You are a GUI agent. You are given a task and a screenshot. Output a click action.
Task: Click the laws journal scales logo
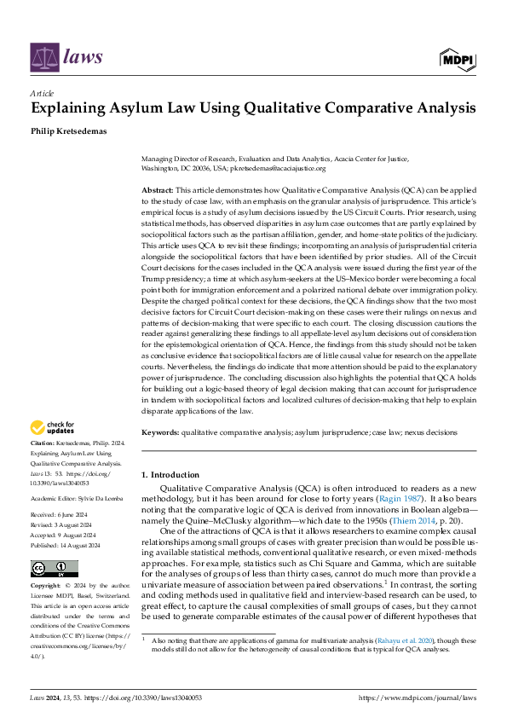[44, 57]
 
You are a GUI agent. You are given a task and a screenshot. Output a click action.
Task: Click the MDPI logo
[458, 57]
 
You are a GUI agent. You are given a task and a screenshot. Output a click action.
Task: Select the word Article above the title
[43, 93]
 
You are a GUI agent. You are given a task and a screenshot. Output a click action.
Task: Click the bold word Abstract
[156, 190]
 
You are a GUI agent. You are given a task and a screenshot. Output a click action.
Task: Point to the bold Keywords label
[161, 433]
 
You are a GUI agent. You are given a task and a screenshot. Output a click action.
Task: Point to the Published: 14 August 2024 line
[69, 545]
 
